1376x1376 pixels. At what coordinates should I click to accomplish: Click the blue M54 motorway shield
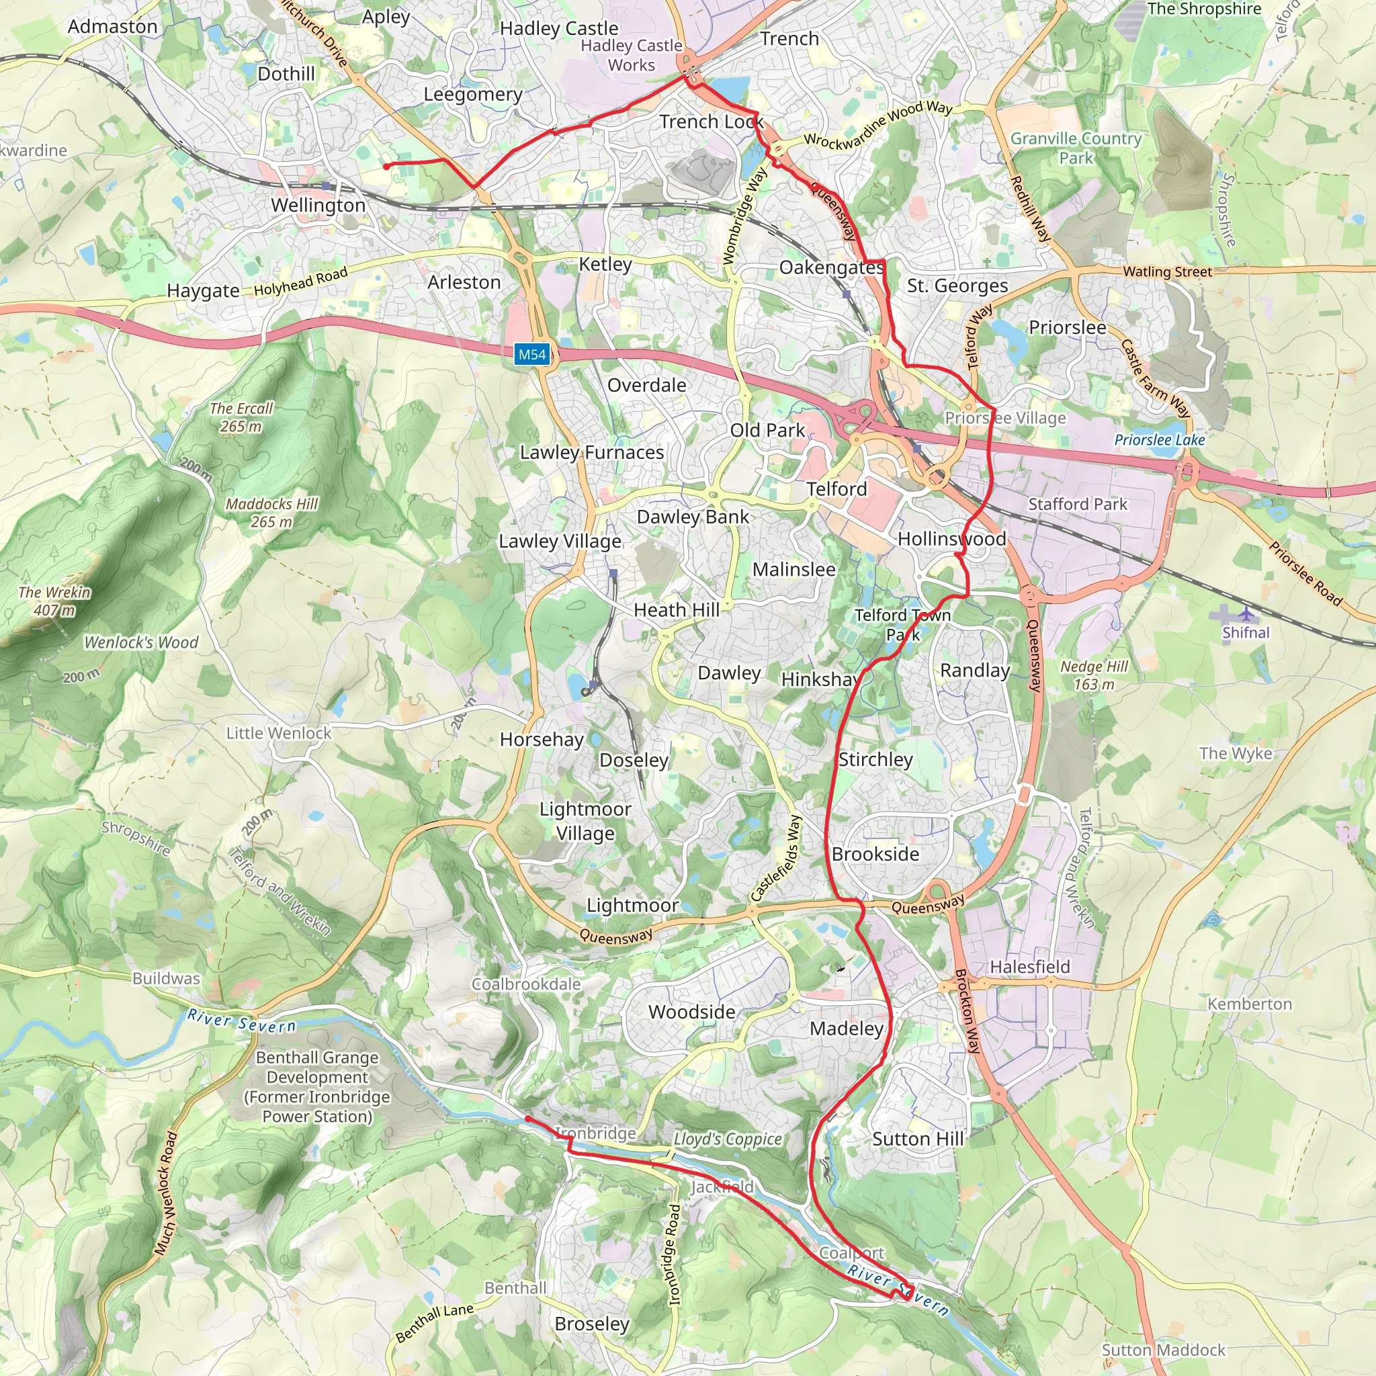[532, 355]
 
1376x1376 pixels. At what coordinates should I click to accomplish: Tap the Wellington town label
[318, 205]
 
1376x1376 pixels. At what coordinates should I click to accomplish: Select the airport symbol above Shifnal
[1245, 613]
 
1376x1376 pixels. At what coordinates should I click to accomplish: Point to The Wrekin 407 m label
[55, 601]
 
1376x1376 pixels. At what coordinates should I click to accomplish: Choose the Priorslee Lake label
[1160, 440]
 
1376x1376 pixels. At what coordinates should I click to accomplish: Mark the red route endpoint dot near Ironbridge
[527, 1119]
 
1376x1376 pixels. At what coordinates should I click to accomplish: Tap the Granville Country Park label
[1076, 147]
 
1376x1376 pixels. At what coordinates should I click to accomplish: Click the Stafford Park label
[1078, 505]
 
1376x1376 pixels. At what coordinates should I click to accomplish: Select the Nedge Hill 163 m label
[1094, 675]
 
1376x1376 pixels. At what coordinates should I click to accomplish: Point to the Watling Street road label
[1166, 271]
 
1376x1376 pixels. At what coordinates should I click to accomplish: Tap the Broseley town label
[592, 1324]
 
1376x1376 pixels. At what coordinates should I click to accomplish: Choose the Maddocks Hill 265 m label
[271, 513]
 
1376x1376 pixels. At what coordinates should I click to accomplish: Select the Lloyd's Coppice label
[727, 1139]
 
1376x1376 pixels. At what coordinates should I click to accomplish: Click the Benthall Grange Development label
[317, 1086]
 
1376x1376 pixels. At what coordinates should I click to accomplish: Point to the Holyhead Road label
[300, 281]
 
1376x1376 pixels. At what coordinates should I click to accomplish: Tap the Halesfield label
[1030, 966]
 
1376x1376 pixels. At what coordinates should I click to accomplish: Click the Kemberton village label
[1249, 1004]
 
